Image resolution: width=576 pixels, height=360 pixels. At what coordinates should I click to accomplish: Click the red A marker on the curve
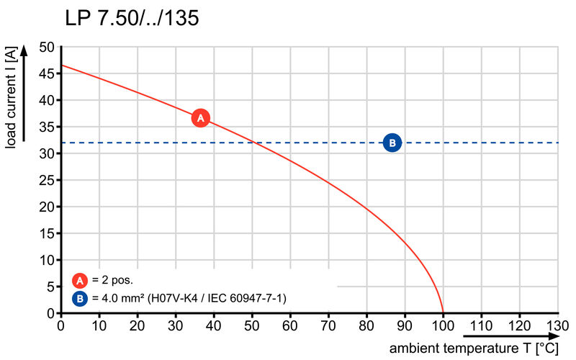[201, 117]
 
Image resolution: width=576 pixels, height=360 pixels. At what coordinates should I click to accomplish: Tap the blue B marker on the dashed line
[392, 143]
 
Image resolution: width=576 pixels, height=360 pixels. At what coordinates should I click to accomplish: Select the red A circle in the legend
[79, 280]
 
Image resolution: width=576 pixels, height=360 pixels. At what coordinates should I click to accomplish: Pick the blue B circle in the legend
[79, 297]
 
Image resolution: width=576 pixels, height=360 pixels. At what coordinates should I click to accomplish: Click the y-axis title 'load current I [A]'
[11, 98]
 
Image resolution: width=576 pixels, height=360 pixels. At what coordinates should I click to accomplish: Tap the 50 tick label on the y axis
[47, 48]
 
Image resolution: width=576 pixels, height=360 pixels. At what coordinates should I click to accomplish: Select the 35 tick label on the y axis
[47, 127]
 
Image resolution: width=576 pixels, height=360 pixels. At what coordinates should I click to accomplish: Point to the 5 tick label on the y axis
[50, 287]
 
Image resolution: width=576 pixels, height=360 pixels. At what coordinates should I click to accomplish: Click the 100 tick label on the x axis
[442, 325]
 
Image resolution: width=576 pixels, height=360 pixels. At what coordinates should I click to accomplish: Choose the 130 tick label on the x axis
[557, 325]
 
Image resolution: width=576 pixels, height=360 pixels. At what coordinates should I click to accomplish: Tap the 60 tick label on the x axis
[290, 325]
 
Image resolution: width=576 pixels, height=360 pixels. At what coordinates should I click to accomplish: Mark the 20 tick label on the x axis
[138, 325]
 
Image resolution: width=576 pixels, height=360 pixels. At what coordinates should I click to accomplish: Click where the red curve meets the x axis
[442, 313]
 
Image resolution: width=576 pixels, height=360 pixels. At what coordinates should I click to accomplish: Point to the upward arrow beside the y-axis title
[24, 94]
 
